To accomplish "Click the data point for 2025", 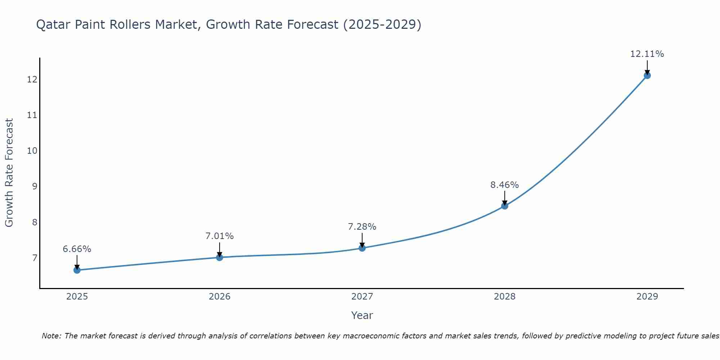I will click(x=77, y=270).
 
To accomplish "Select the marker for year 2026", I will click(x=220, y=257).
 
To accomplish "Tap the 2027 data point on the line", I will click(x=362, y=248).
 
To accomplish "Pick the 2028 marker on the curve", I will click(x=505, y=206).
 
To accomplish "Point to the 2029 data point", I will click(x=647, y=76).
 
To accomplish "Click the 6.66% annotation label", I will click(x=77, y=249).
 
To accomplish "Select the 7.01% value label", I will click(x=220, y=236).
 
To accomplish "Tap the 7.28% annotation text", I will click(x=362, y=227).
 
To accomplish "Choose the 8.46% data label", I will click(x=505, y=185).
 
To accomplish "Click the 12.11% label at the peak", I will click(x=647, y=54).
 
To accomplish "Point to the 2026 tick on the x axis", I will click(x=220, y=297).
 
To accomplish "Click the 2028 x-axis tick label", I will click(x=505, y=297).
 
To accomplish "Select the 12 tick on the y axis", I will click(x=32, y=80).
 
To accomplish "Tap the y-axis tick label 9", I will click(x=35, y=186).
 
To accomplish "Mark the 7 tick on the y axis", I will click(x=35, y=258).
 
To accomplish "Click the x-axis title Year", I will click(x=362, y=315).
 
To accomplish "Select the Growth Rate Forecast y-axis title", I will click(x=9, y=173).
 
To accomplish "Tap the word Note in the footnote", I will click(x=51, y=336).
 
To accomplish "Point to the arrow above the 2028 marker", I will click(x=505, y=198).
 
